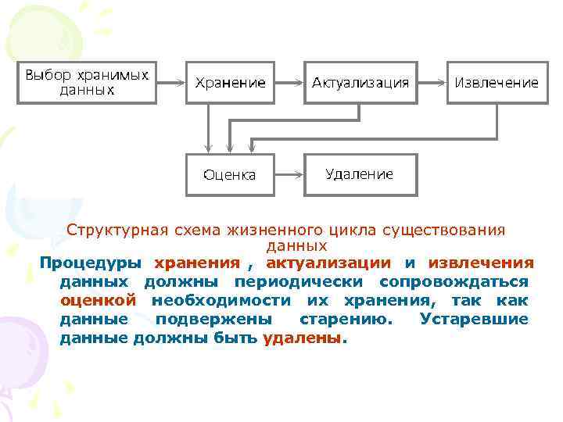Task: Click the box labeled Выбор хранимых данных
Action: (x=87, y=82)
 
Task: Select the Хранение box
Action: (x=230, y=82)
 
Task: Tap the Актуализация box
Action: (x=360, y=82)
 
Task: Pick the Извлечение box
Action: (x=497, y=82)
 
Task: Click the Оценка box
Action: (x=230, y=174)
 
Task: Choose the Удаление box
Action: (x=360, y=173)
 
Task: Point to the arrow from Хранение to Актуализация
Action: (x=289, y=82)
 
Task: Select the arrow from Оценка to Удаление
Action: (x=289, y=174)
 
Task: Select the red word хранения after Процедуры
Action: (x=197, y=263)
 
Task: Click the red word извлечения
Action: (x=481, y=263)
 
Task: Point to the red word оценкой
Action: (x=99, y=300)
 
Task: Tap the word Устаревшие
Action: (x=474, y=319)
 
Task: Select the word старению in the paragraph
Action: (x=348, y=319)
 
